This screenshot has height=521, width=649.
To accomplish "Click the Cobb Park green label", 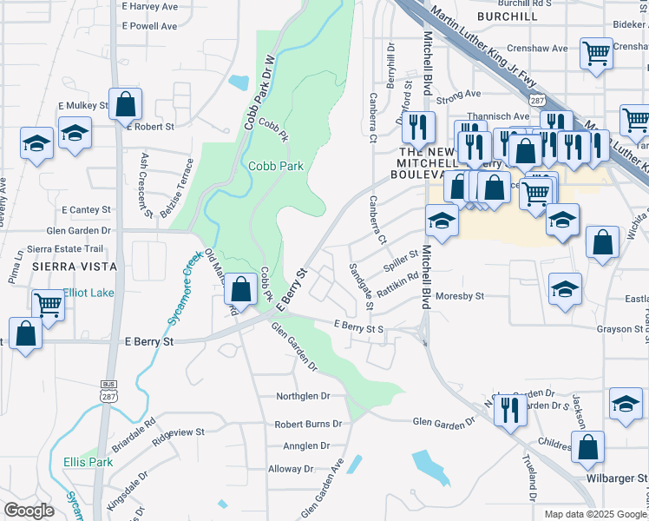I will tap(275, 166).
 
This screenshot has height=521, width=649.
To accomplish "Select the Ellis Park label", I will tap(88, 462).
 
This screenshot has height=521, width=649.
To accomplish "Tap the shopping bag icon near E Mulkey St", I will tap(126, 104).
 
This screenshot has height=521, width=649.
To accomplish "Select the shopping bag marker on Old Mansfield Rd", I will tap(242, 286).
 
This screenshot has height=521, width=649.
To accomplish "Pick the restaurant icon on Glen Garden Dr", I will tap(510, 409).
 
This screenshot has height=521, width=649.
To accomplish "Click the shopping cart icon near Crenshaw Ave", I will tap(596, 55).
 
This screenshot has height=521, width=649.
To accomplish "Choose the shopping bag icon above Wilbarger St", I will tap(588, 448).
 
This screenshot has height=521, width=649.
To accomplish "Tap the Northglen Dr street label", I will tap(304, 396).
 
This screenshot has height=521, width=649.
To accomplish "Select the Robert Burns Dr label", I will tap(308, 425).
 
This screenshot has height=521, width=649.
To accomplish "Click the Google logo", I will tap(29, 511).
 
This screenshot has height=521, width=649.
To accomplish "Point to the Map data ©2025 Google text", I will tap(595, 514).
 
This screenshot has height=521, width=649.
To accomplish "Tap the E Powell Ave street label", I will tap(149, 26).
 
